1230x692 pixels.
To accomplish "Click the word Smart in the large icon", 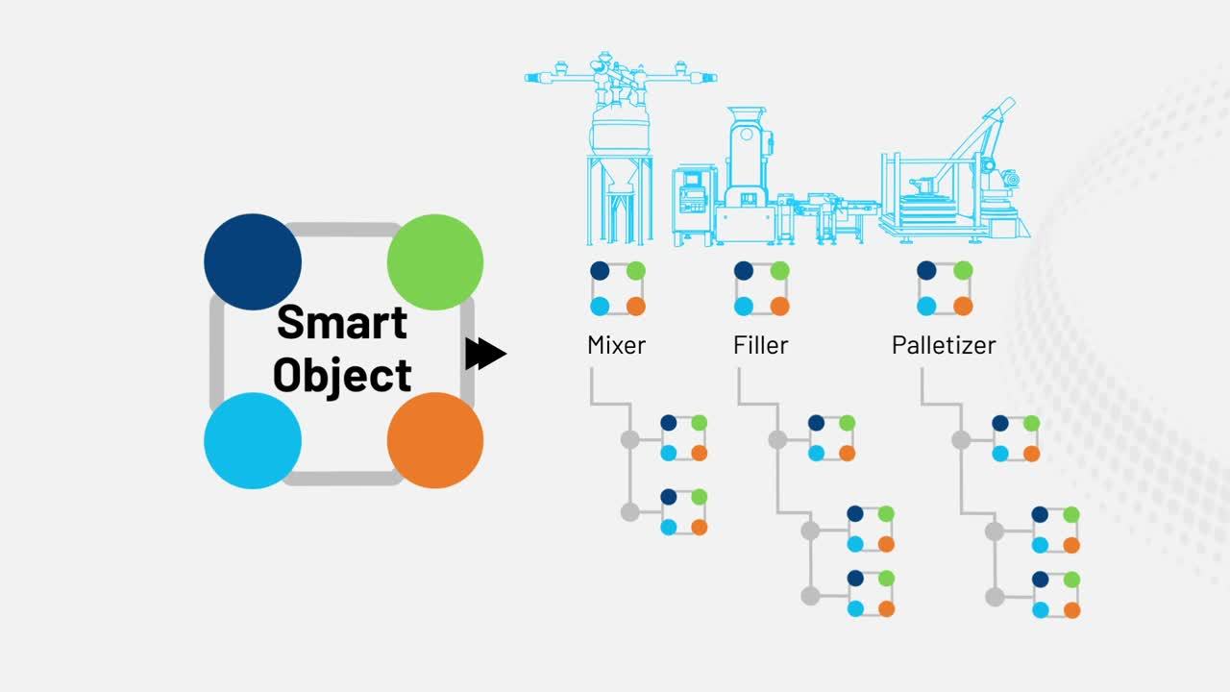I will (x=341, y=321).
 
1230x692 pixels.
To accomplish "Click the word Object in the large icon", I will (x=341, y=375).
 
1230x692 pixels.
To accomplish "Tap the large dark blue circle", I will (x=253, y=261).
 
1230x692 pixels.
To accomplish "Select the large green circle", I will (x=434, y=261).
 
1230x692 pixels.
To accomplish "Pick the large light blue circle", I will (x=253, y=440).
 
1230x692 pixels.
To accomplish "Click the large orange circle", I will (x=434, y=440).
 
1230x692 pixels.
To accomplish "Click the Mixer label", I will (x=616, y=345).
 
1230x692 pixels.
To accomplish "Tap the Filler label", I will (x=760, y=345).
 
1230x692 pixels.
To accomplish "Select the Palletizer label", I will (x=944, y=345).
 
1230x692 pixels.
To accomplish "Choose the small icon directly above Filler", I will (x=761, y=288).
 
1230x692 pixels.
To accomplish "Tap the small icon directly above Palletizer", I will (x=945, y=288).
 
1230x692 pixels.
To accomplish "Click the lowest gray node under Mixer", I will (x=629, y=512).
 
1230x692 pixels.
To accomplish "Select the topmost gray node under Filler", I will (x=777, y=439).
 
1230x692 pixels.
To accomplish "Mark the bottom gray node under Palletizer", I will (x=995, y=597).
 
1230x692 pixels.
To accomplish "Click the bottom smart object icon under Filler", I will (x=871, y=593).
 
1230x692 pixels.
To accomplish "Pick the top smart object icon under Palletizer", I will (x=1016, y=438).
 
